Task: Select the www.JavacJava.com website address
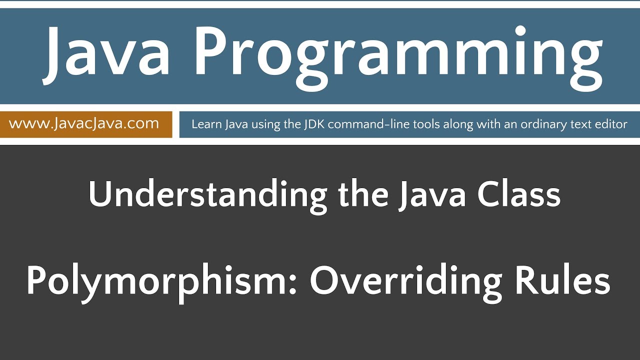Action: point(84,123)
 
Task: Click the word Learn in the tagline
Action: point(203,124)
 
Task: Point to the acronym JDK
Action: point(313,124)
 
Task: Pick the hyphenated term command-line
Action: point(358,124)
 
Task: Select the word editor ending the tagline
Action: point(612,124)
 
